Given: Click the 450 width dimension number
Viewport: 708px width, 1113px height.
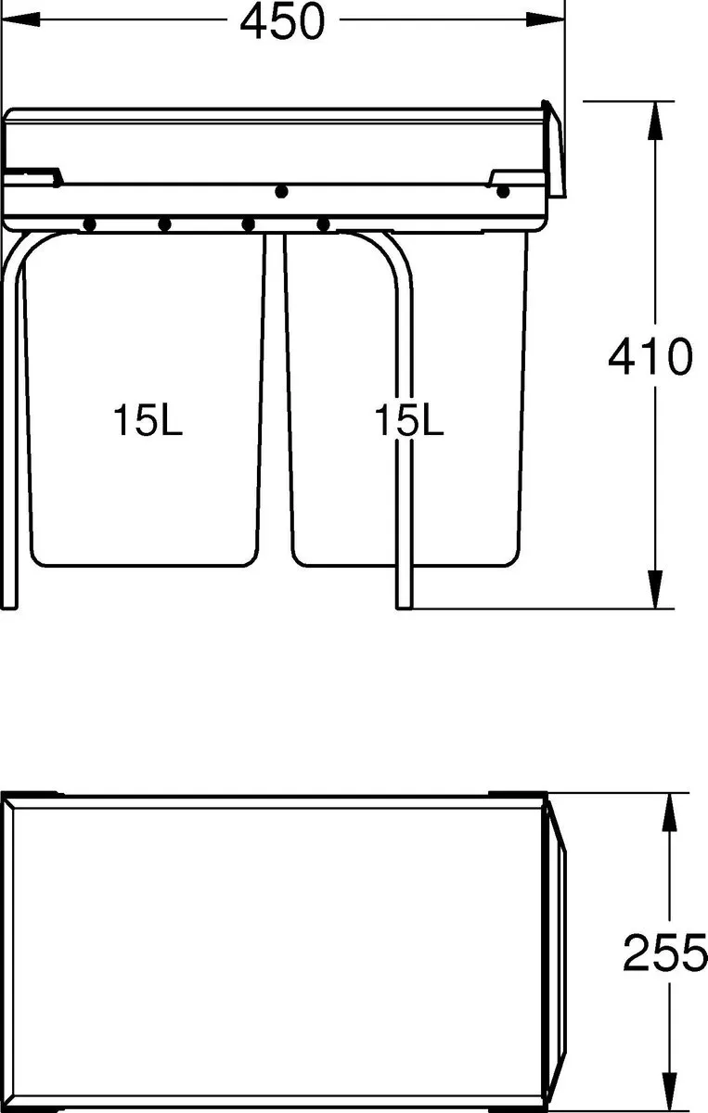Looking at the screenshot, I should tap(283, 22).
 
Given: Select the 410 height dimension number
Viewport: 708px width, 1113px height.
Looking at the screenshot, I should tap(650, 357).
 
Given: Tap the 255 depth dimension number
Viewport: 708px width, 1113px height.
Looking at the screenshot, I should tap(664, 953).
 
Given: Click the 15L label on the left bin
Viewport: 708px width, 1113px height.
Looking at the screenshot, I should tap(148, 421).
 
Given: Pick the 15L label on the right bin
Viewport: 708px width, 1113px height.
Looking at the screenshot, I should tap(409, 421).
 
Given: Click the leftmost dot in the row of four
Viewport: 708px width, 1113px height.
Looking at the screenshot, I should tap(90, 224).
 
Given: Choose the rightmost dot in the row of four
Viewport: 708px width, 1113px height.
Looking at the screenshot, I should tap(323, 224).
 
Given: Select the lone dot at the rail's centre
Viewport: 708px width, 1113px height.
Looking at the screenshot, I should tap(282, 192).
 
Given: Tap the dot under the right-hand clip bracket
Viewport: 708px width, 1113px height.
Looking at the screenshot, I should tap(503, 193).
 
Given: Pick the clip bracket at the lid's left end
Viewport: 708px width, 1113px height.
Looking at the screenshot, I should tap(35, 174).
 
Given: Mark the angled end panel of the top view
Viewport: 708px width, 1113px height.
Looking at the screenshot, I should tap(555, 951).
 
